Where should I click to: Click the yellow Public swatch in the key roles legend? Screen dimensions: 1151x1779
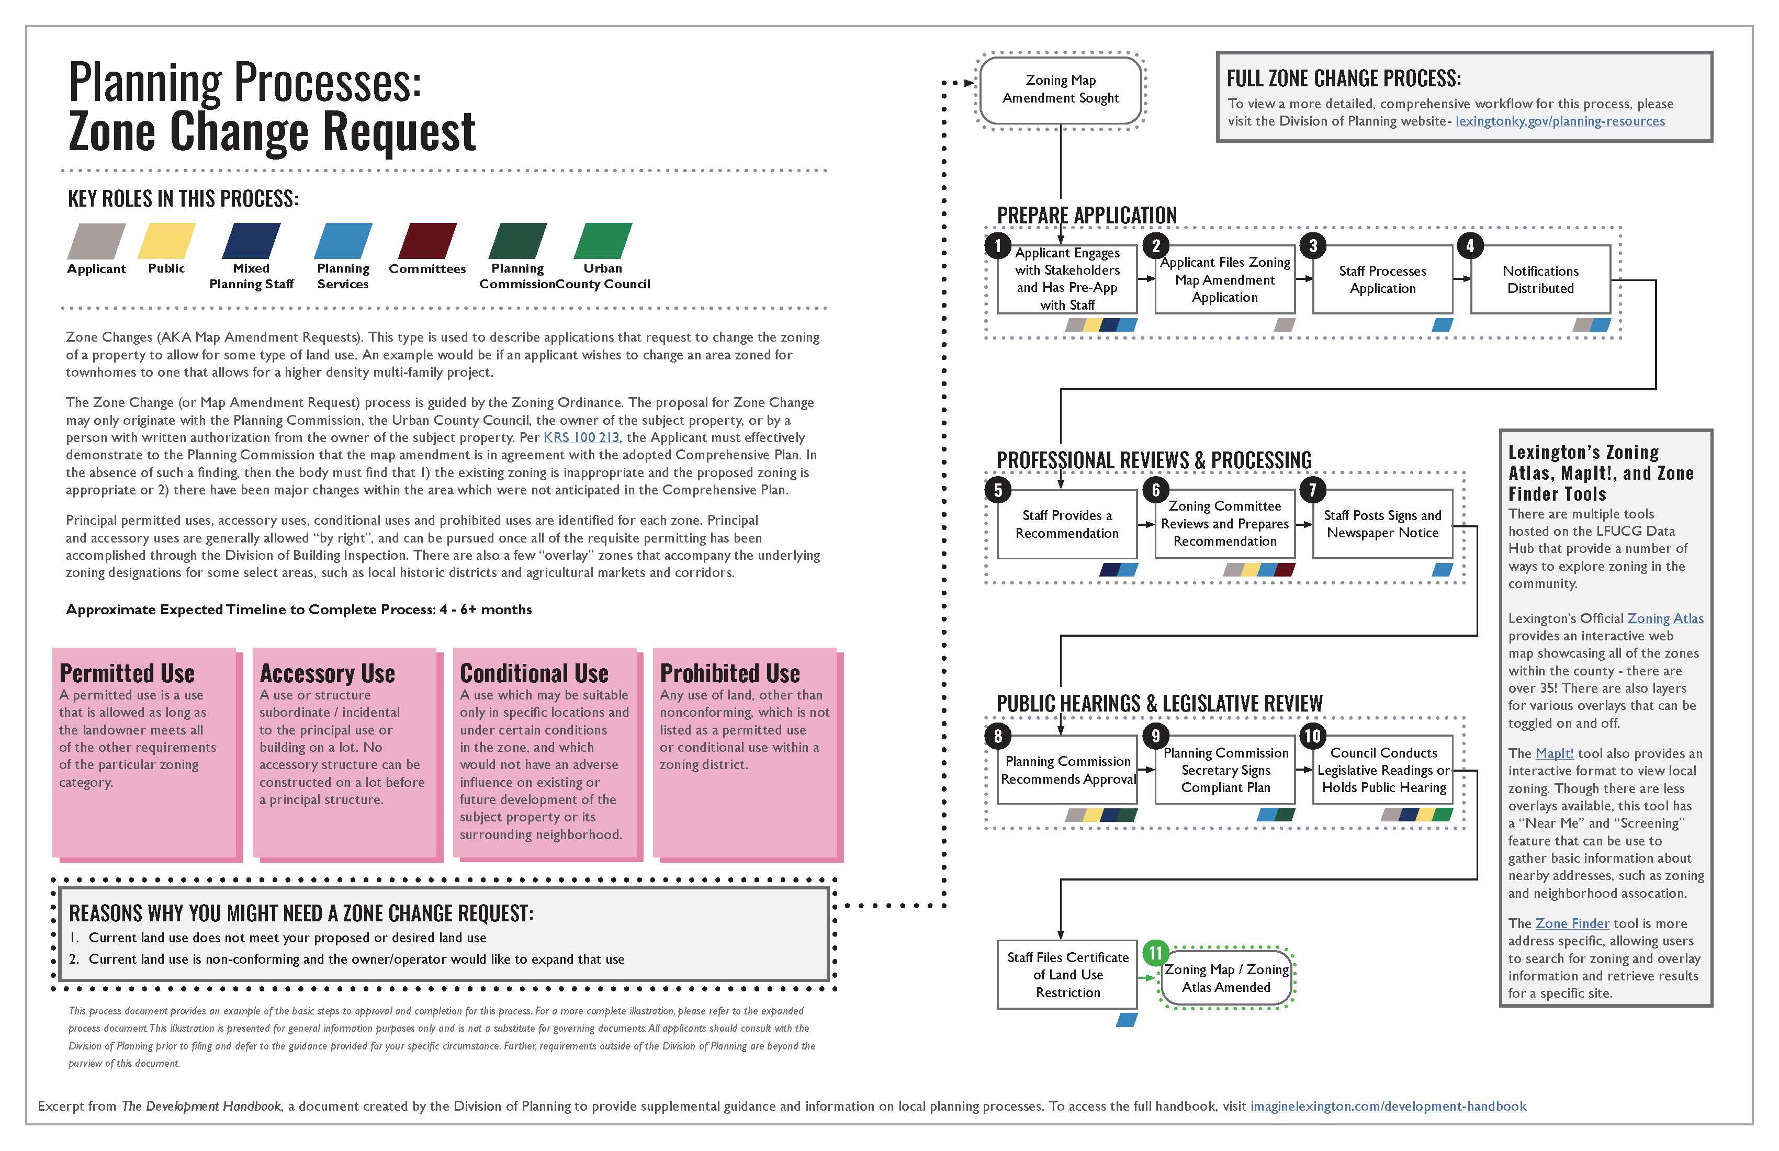(x=167, y=241)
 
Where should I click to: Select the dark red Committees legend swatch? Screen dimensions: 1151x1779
(x=427, y=241)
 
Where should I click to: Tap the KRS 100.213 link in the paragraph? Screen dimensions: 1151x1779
(x=581, y=437)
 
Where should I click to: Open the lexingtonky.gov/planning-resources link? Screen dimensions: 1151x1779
(x=1559, y=121)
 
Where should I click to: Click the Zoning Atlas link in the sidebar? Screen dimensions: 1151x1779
(x=1665, y=618)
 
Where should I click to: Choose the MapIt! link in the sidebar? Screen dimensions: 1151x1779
(x=1554, y=753)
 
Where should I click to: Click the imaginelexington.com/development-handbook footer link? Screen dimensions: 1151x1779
(x=1388, y=1106)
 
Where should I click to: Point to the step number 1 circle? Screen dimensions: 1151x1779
(x=998, y=245)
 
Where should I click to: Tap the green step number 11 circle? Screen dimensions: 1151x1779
(x=1156, y=953)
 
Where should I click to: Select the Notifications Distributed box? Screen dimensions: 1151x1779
(x=1540, y=279)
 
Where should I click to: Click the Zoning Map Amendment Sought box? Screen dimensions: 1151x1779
(x=1060, y=89)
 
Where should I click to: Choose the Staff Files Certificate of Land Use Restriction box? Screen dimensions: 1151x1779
(x=1067, y=975)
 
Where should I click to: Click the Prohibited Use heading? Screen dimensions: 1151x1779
(x=729, y=673)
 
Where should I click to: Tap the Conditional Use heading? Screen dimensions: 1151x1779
(x=534, y=673)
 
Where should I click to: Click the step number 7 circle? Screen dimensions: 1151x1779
(x=1313, y=490)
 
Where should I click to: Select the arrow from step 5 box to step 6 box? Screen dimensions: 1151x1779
(x=1146, y=525)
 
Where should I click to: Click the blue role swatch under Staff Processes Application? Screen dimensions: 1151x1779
(x=1442, y=325)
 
